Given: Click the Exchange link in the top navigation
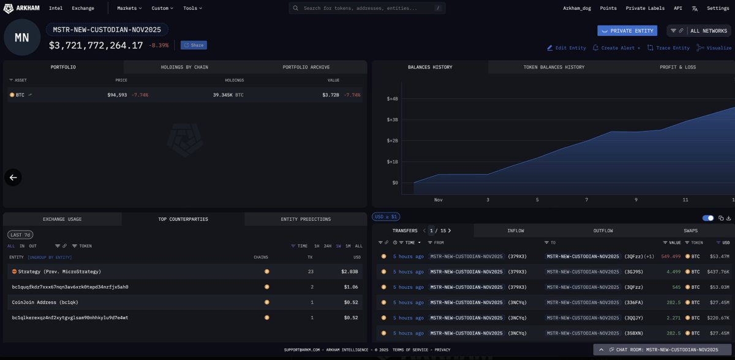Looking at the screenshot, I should pyautogui.click(x=83, y=8).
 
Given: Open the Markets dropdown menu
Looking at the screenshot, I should pyautogui.click(x=129, y=8).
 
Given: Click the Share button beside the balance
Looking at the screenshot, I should pyautogui.click(x=194, y=45).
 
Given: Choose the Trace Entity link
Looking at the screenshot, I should pyautogui.click(x=668, y=48).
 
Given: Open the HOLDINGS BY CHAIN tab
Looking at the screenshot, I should pyautogui.click(x=184, y=67).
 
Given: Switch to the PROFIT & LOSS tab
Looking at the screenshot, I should pyautogui.click(x=677, y=67).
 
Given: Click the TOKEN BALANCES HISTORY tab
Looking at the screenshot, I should pyautogui.click(x=554, y=67).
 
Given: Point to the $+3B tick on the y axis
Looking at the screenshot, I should pyautogui.click(x=393, y=119).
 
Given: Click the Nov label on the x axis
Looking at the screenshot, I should pyautogui.click(x=439, y=200).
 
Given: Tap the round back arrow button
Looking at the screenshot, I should pyautogui.click(x=13, y=178).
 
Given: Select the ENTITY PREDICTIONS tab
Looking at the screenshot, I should pyautogui.click(x=306, y=219).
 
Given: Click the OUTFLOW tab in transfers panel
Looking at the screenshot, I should pyautogui.click(x=603, y=231).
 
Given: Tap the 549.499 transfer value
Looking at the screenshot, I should pyautogui.click(x=670, y=256).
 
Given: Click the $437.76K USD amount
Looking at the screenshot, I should pyautogui.click(x=717, y=271).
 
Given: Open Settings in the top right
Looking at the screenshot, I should pyautogui.click(x=718, y=8).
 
